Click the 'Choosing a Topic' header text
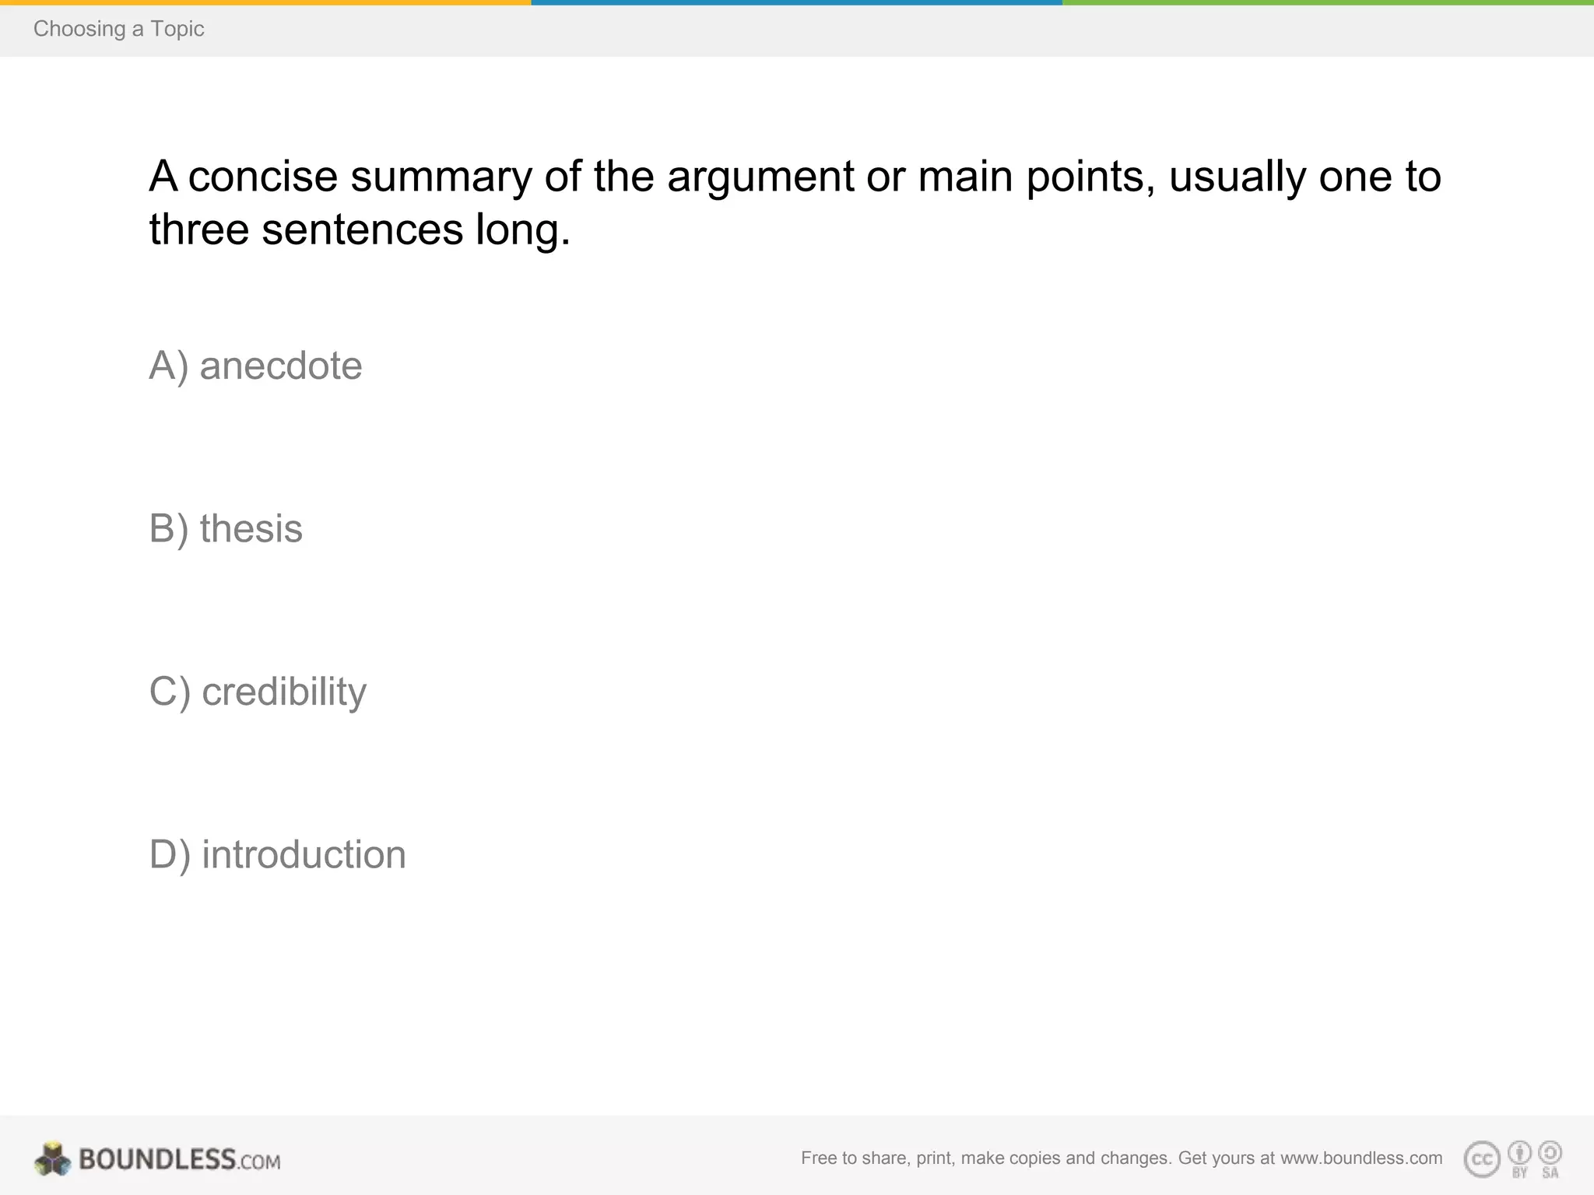[x=118, y=29]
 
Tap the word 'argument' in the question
[x=760, y=177]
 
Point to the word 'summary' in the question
[x=441, y=177]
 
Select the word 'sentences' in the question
[x=363, y=230]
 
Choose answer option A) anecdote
[x=255, y=366]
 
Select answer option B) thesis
[x=226, y=529]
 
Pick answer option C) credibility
[x=258, y=692]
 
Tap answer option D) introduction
[x=277, y=854]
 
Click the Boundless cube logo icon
[x=53, y=1159]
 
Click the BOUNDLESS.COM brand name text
[x=179, y=1160]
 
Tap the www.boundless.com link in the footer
[x=1361, y=1158]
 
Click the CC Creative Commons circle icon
[x=1482, y=1159]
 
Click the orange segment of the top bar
[x=265, y=2]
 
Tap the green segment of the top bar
[x=1328, y=2]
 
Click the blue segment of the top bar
[x=797, y=2]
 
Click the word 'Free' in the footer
[x=819, y=1158]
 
